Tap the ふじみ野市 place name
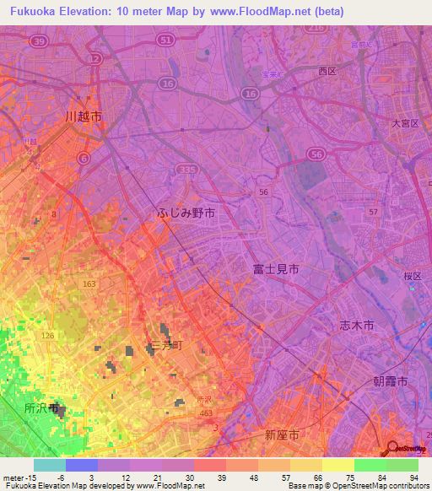(x=186, y=214)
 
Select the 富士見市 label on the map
(x=276, y=269)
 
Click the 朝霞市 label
(x=390, y=382)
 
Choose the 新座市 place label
(x=281, y=435)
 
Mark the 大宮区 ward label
(x=405, y=123)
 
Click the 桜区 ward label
(x=411, y=277)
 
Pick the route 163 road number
(x=89, y=286)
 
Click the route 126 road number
(x=49, y=337)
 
